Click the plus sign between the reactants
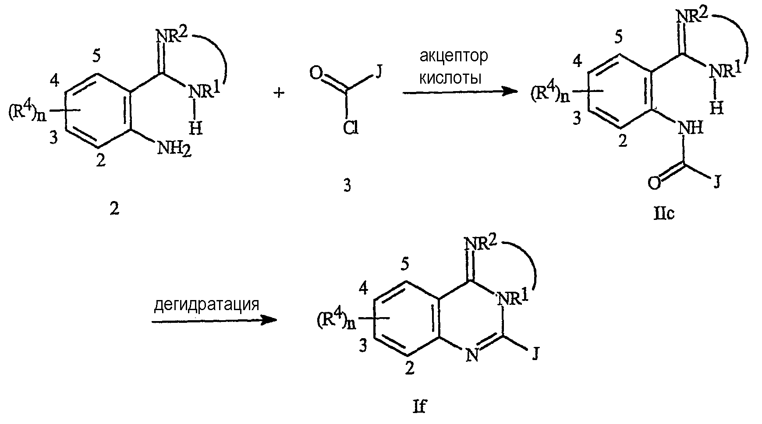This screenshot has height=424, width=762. [280, 93]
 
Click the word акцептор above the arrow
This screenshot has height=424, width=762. [453, 57]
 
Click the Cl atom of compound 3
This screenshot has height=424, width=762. [351, 128]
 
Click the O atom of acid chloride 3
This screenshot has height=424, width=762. [315, 72]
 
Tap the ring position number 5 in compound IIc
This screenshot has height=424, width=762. [618, 38]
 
